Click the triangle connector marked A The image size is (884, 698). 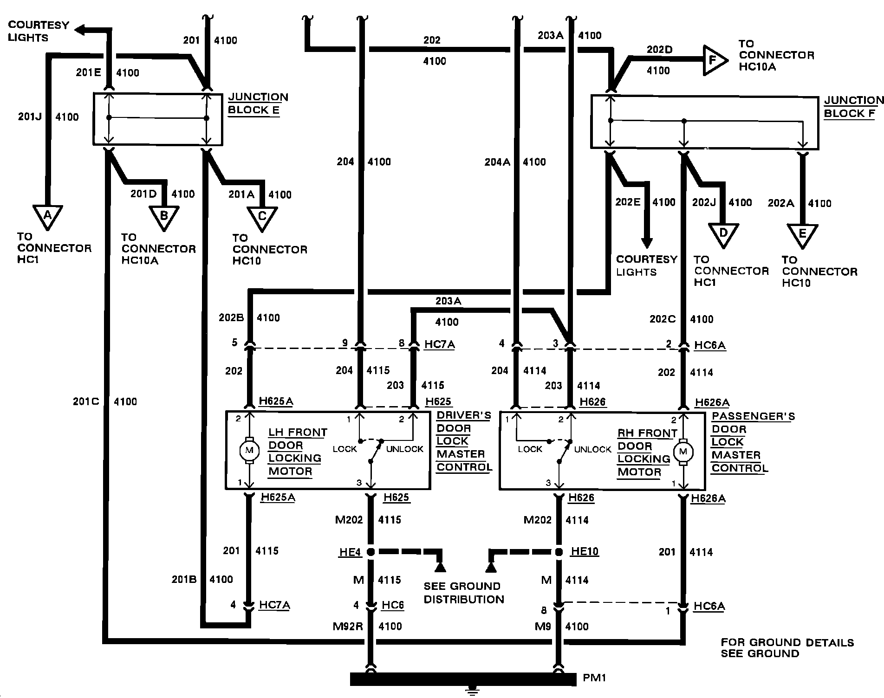click(47, 217)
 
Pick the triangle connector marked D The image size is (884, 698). click(723, 234)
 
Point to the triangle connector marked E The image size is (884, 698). click(802, 235)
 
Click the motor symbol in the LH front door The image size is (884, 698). click(250, 450)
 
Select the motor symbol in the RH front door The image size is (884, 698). click(682, 451)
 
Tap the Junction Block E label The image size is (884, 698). click(258, 103)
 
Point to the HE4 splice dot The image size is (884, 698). click(371, 552)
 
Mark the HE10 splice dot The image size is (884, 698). click(559, 552)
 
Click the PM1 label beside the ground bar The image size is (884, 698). click(595, 678)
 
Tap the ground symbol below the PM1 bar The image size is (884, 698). click(473, 692)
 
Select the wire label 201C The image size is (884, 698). click(86, 401)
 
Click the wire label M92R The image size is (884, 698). click(347, 626)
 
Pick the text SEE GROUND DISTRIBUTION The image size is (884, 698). click(463, 593)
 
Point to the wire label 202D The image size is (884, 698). click(659, 50)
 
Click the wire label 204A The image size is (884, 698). click(497, 162)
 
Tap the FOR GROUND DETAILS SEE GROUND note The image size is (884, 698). click(787, 648)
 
